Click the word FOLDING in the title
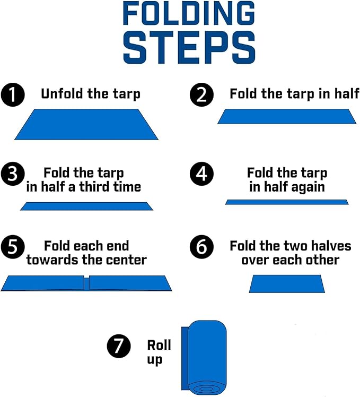189,13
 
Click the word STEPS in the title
189,47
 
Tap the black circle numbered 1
13,94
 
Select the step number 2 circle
201,94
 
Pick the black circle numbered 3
13,174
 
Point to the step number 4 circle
201,174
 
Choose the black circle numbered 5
13,247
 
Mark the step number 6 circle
201,247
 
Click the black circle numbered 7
119,346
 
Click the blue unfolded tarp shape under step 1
86,124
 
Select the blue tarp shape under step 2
287,116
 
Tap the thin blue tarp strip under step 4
287,202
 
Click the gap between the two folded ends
86,283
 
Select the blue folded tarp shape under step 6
287,284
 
